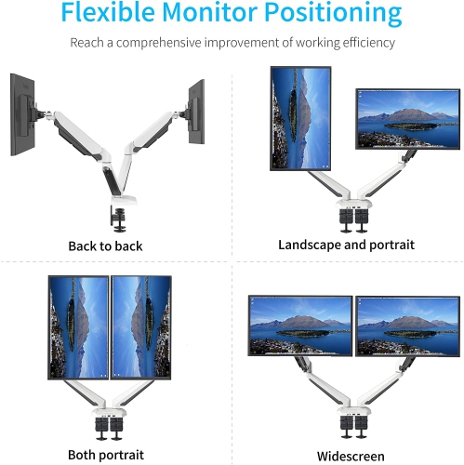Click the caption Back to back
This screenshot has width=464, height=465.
pos(105,246)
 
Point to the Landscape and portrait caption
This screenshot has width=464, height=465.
pos(346,245)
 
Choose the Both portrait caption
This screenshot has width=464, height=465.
pos(106,455)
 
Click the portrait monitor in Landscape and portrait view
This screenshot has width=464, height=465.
pos(299,118)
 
